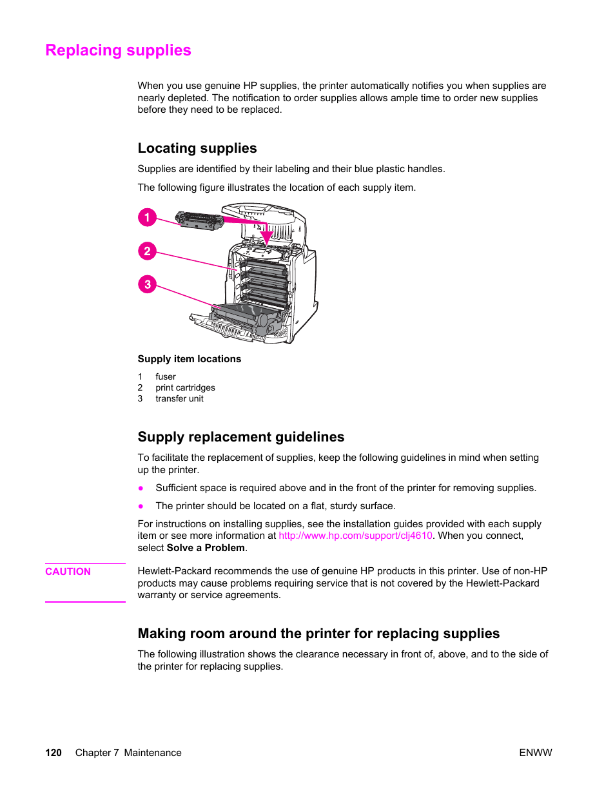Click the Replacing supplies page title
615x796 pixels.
pyautogui.click(x=118, y=50)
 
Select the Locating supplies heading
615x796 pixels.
pyautogui.click(x=197, y=148)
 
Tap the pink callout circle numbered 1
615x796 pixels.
pyautogui.click(x=147, y=217)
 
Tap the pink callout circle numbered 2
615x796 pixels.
pyautogui.click(x=147, y=251)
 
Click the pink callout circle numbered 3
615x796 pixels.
pyautogui.click(x=147, y=284)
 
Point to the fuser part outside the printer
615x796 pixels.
pyautogui.click(x=199, y=221)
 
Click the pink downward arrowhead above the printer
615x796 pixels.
pyautogui.click(x=266, y=237)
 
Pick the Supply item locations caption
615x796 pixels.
pyautogui.click(x=189, y=359)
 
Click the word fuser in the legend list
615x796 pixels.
pyautogui.click(x=165, y=377)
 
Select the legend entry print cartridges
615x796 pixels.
pyautogui.click(x=185, y=388)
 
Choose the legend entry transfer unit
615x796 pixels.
pyautogui.click(x=179, y=399)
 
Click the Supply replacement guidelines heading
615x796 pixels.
pyautogui.click(x=240, y=437)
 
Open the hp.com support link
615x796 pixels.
pyautogui.click(x=355, y=536)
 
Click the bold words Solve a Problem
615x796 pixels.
pyautogui.click(x=206, y=548)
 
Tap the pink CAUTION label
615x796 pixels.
pyautogui.click(x=68, y=572)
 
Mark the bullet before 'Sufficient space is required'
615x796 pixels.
pyautogui.click(x=141, y=489)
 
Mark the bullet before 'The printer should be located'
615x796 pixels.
pyautogui.click(x=141, y=507)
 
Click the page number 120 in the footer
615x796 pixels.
pyautogui.click(x=54, y=753)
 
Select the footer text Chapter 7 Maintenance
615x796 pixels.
pyautogui.click(x=128, y=753)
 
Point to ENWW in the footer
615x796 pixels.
pyautogui.click(x=535, y=753)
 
